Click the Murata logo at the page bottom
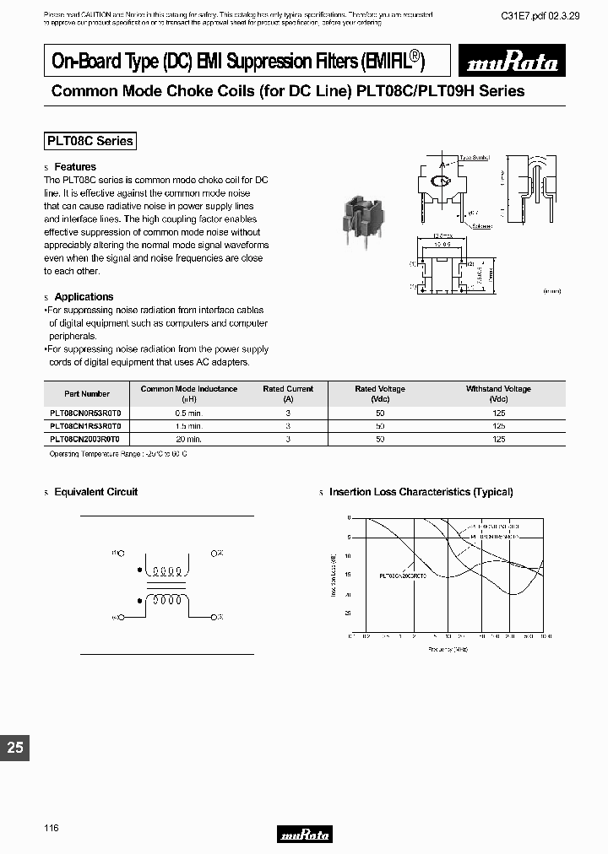(x=304, y=835)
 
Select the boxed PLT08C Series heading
(x=90, y=141)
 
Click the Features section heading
(x=75, y=167)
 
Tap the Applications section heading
(x=84, y=297)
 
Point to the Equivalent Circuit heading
(x=95, y=492)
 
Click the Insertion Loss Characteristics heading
(x=421, y=492)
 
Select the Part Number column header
(x=87, y=394)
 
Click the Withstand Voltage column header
(x=498, y=393)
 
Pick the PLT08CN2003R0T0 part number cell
(x=86, y=440)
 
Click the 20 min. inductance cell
(x=188, y=440)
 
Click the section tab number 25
(x=14, y=748)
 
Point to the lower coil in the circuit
(x=166, y=602)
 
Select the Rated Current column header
(x=288, y=393)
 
